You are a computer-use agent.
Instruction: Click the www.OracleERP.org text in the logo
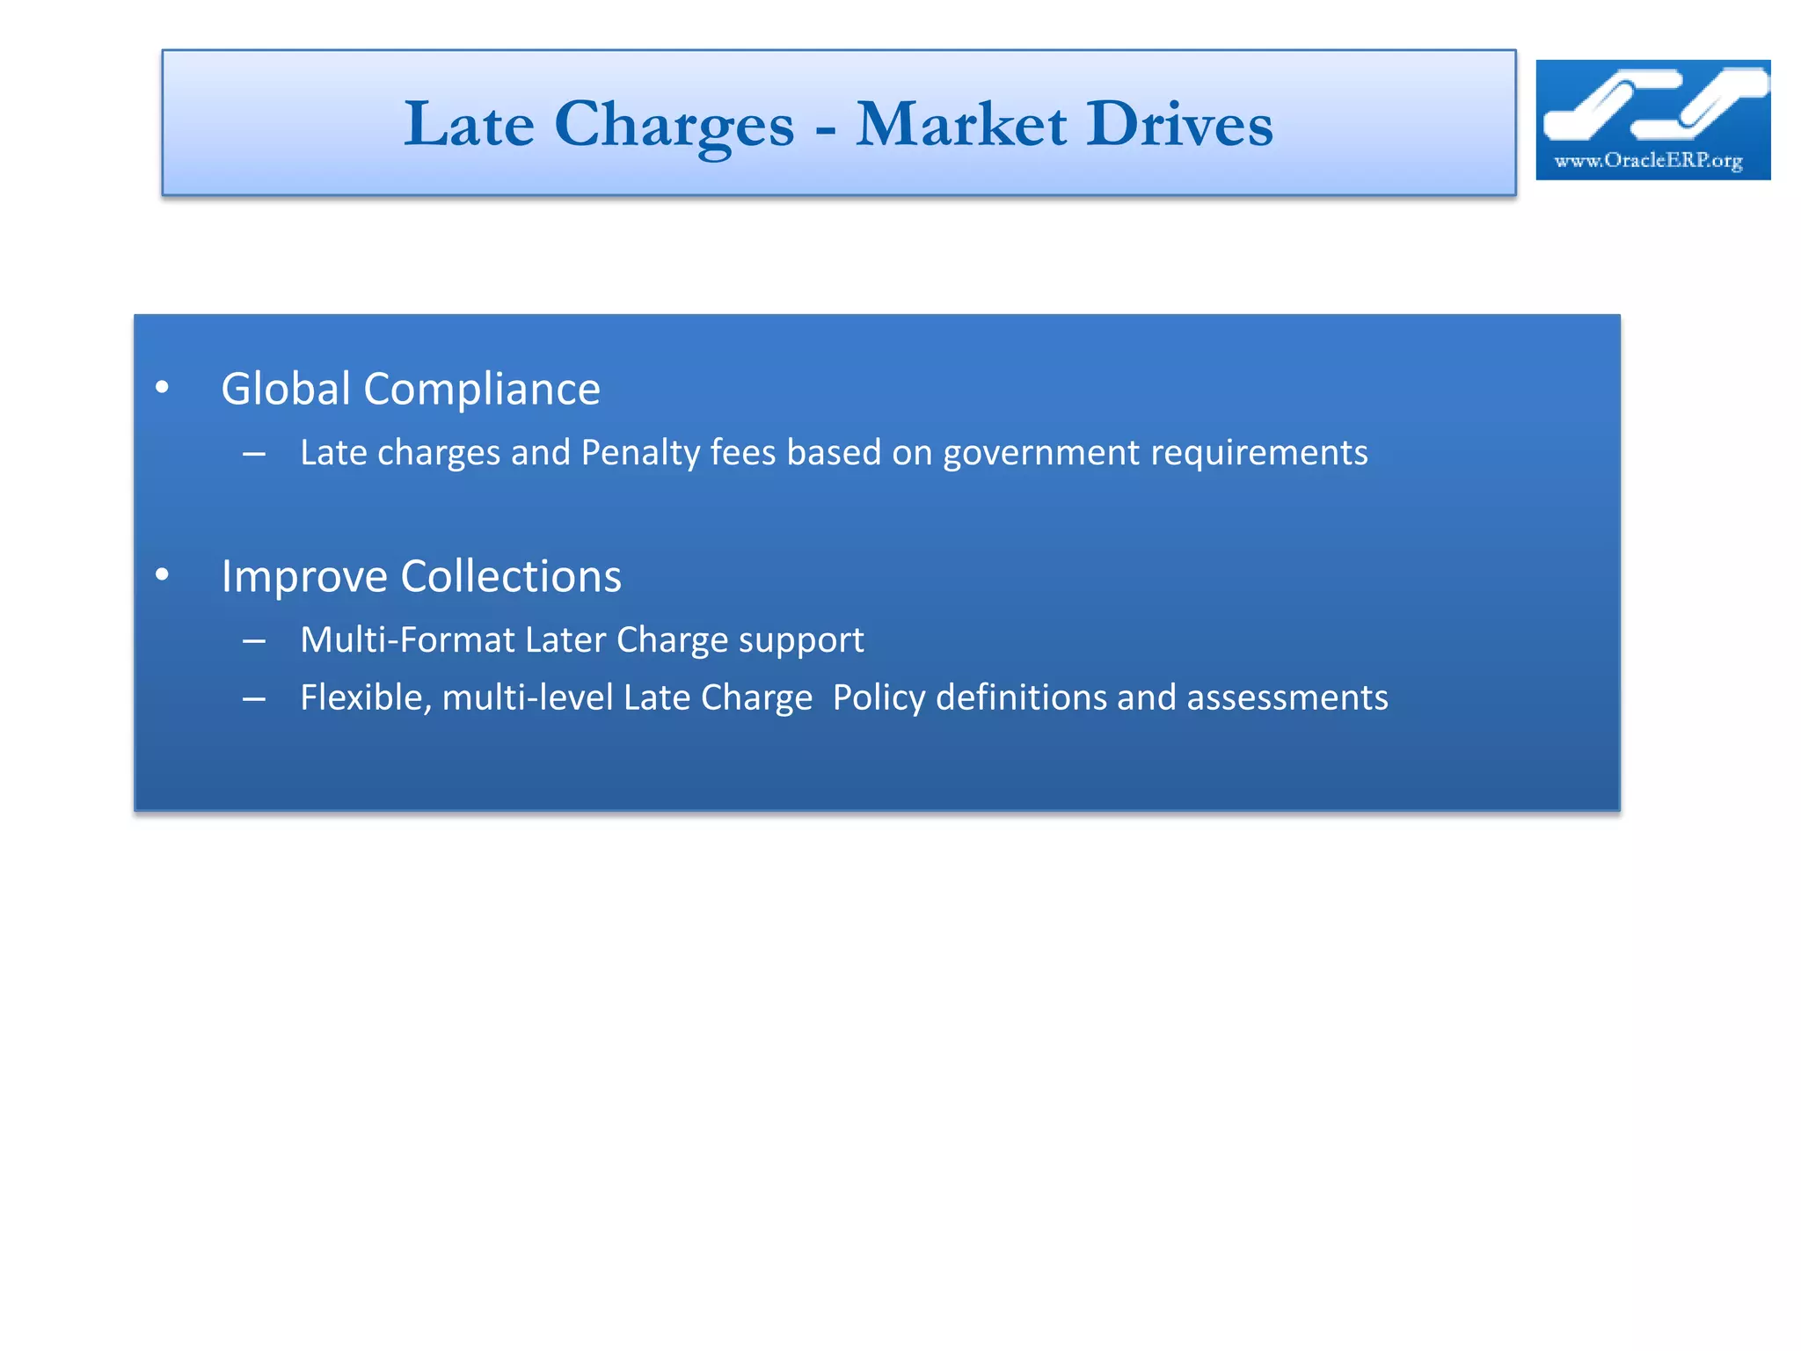coord(1648,160)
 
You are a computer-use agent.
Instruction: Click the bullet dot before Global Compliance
coord(162,387)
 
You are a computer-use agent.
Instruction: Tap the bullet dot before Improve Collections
coord(162,574)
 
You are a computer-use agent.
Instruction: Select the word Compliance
coord(482,390)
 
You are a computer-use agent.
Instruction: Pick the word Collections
coord(511,577)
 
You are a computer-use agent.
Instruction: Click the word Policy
coord(879,697)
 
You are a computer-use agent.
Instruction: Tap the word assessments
coord(1287,697)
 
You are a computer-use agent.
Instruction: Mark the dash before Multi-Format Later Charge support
coord(254,641)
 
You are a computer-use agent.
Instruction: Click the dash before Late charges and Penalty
coord(254,454)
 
